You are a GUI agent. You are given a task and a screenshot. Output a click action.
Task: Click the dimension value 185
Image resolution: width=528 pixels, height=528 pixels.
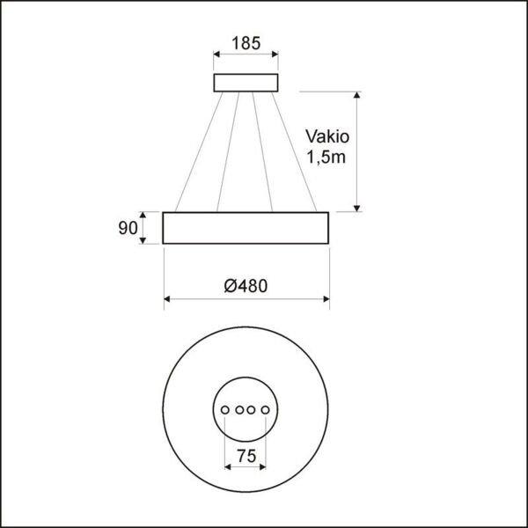[246, 43]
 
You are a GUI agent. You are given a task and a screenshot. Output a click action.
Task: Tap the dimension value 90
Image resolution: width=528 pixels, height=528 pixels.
[128, 228]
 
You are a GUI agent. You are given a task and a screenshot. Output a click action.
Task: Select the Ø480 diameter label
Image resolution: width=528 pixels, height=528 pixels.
[246, 286]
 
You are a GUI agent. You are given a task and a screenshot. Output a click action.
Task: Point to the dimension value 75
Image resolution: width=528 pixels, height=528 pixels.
[246, 456]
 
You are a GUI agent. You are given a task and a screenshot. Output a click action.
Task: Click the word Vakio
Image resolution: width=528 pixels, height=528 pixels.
[327, 136]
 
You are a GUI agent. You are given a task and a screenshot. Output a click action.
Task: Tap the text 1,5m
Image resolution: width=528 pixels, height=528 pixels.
[326, 157]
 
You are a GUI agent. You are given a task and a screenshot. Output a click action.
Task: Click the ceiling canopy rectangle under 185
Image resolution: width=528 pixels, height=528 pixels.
[246, 83]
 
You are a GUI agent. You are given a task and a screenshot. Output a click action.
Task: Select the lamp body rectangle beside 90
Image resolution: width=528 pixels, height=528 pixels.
[246, 228]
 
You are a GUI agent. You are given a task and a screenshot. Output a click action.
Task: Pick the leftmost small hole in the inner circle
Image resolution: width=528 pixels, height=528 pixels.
[225, 410]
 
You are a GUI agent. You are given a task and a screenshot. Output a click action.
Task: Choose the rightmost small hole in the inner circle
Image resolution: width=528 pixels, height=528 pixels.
[266, 410]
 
